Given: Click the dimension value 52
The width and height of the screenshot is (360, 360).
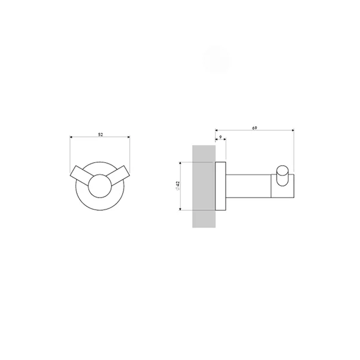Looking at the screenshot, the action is point(100,134).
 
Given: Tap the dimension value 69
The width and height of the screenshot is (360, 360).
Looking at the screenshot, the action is point(254,128).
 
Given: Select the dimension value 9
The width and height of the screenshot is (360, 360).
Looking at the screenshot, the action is point(221,137).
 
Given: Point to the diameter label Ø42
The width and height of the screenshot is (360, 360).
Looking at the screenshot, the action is point(177,186).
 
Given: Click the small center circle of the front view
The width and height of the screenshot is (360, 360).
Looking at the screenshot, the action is point(100,186).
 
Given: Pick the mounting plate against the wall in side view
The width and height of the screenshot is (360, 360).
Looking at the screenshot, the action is point(220,186).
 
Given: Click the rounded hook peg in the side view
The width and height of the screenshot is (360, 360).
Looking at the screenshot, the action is point(282,176).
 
